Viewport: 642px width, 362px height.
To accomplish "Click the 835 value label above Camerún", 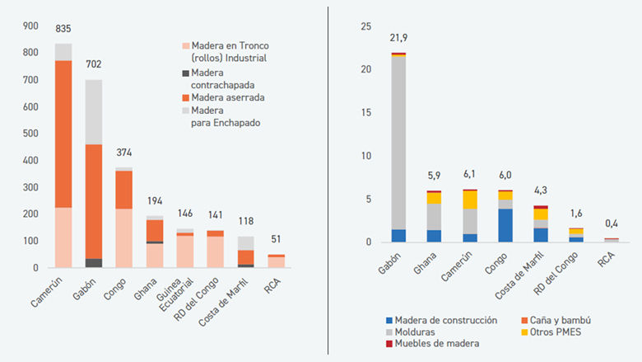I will click(63, 29).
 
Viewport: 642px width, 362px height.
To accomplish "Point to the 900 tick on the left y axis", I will click(30, 26).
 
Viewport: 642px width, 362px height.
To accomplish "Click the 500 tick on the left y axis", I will click(30, 134).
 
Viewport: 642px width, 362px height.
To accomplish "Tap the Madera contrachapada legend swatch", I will click(185, 73).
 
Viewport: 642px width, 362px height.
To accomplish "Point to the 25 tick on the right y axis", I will click(367, 26).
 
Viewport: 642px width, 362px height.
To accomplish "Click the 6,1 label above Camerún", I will click(469, 175).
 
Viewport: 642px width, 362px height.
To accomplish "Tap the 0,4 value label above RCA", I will click(609, 224).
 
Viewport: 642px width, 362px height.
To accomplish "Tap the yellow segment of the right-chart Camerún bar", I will click(469, 200).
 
